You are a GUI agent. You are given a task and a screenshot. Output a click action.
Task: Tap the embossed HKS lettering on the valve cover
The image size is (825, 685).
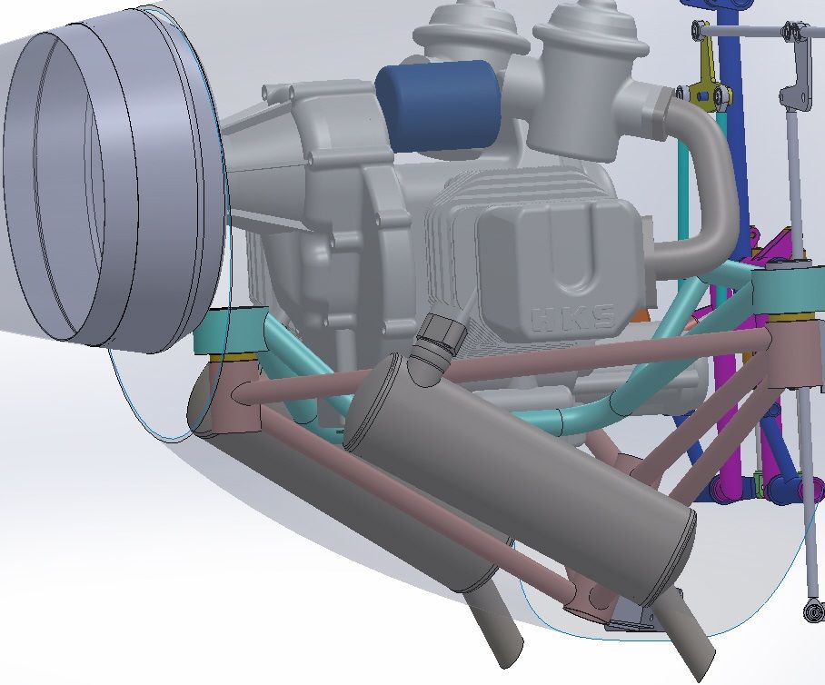[573, 320]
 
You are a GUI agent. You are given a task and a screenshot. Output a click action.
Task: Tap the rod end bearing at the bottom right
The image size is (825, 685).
[815, 612]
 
